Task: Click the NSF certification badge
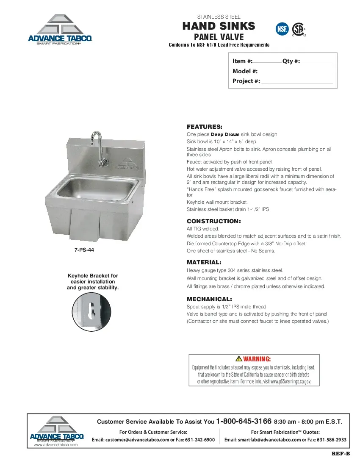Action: point(282,29)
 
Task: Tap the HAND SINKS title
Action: point(219,26)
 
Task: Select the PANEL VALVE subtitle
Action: point(219,37)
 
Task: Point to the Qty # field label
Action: point(291,61)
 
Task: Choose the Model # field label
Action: point(245,71)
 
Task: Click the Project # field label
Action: point(246,81)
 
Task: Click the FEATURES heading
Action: point(204,127)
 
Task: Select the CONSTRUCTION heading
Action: point(213,221)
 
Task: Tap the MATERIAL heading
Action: point(204,262)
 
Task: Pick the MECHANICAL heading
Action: point(209,299)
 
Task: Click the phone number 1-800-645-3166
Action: point(244,422)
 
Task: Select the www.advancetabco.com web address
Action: point(56,445)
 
